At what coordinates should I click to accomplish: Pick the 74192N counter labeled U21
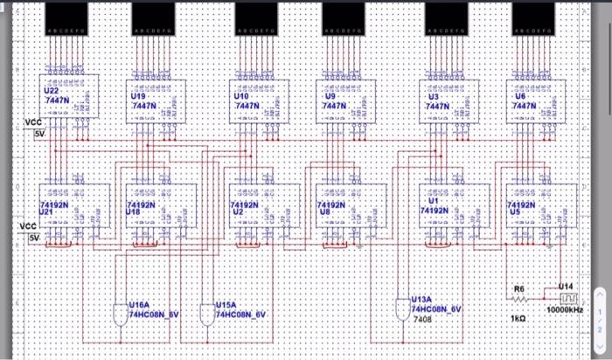73,206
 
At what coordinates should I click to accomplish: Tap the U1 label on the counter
434,201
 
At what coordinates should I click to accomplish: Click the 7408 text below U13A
422,320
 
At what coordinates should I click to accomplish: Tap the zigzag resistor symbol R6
518,298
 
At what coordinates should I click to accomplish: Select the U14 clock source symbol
567,298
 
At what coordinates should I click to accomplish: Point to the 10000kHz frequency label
565,310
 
